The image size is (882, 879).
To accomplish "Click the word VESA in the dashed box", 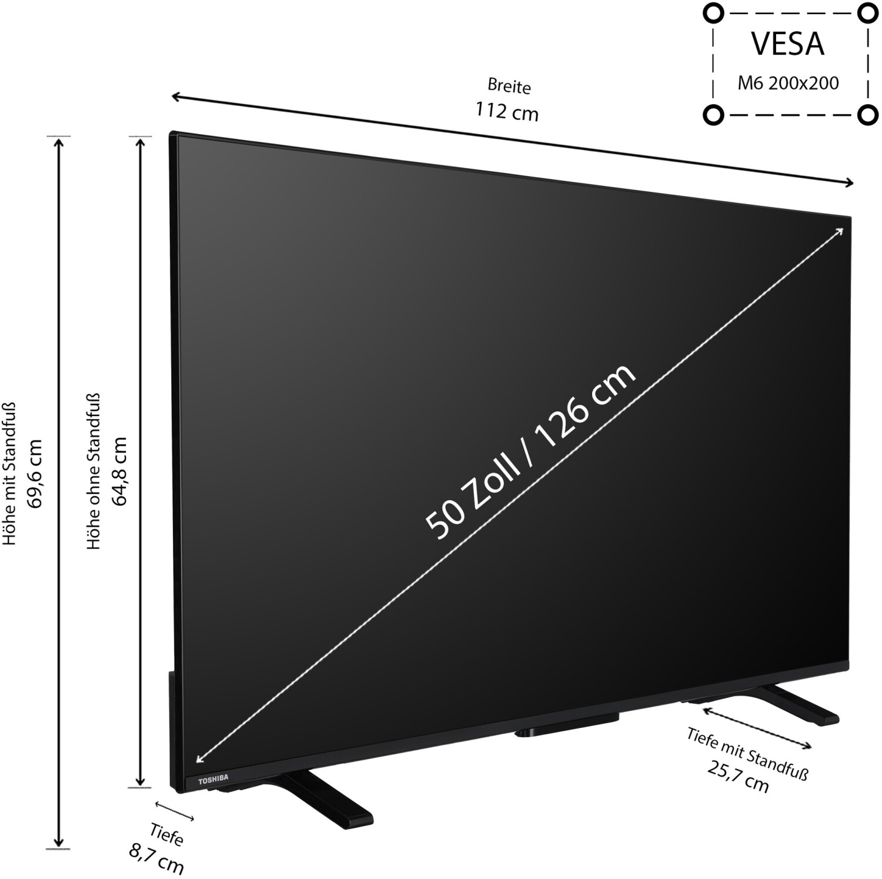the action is pos(788,44).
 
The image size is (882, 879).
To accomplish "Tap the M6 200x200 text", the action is pos(788,83).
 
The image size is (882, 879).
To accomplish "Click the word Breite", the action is pos(509,86).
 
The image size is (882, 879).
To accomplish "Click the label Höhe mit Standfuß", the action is pos(10,474).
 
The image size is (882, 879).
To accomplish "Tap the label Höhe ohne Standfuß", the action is pos(94,471).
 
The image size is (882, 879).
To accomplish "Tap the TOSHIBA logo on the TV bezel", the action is pos(213,780).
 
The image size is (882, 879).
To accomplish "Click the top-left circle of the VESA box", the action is pos(713,13).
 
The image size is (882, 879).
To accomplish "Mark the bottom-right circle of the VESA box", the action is pos(867,114).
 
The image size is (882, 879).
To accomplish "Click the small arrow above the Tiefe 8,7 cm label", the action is pos(175,811).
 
